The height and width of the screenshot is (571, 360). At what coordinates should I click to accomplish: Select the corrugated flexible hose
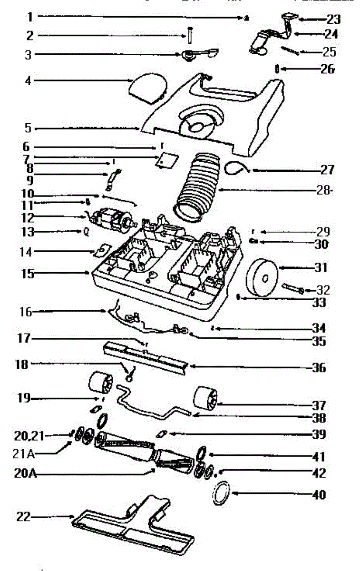pyautogui.click(x=199, y=186)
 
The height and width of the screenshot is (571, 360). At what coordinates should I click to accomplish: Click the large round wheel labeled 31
pyautogui.click(x=263, y=277)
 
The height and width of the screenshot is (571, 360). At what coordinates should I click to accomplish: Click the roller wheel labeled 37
pyautogui.click(x=205, y=398)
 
